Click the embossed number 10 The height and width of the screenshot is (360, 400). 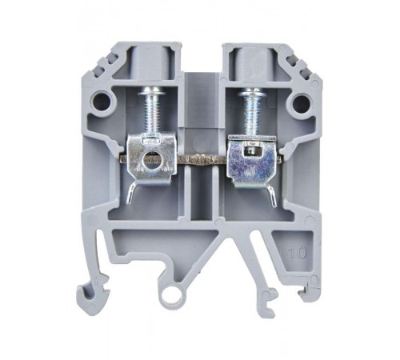click(298, 252)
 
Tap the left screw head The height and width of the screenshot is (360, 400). click(151, 91)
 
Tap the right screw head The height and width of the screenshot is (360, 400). click(252, 92)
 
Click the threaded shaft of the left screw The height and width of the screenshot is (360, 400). click(151, 114)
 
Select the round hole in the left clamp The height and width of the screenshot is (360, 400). click(152, 162)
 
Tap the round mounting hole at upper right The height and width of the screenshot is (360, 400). click(301, 102)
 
